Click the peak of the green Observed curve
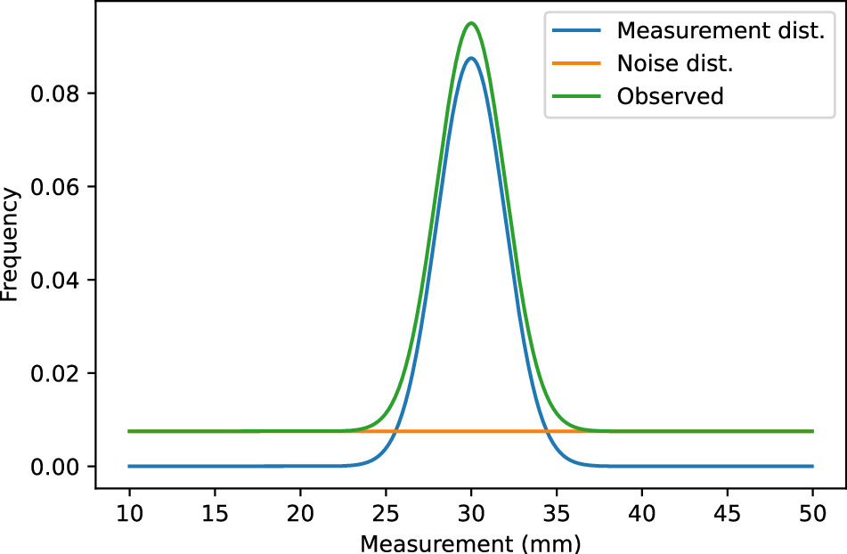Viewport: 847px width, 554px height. [x=471, y=23]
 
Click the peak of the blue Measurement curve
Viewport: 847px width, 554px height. [x=471, y=59]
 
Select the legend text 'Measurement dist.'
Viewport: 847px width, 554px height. [x=721, y=30]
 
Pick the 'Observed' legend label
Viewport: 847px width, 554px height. [x=670, y=96]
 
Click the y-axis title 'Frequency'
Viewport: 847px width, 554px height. [x=11, y=244]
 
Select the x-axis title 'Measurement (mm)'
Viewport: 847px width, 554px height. [x=470, y=542]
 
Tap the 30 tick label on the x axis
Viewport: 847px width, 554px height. [x=471, y=514]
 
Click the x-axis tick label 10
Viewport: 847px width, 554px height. [x=129, y=514]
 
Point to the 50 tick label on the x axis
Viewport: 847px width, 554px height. [x=812, y=514]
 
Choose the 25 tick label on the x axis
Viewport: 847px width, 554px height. [x=386, y=514]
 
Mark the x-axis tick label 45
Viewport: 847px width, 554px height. [x=727, y=514]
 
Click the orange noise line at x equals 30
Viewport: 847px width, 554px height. [x=471, y=431]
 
